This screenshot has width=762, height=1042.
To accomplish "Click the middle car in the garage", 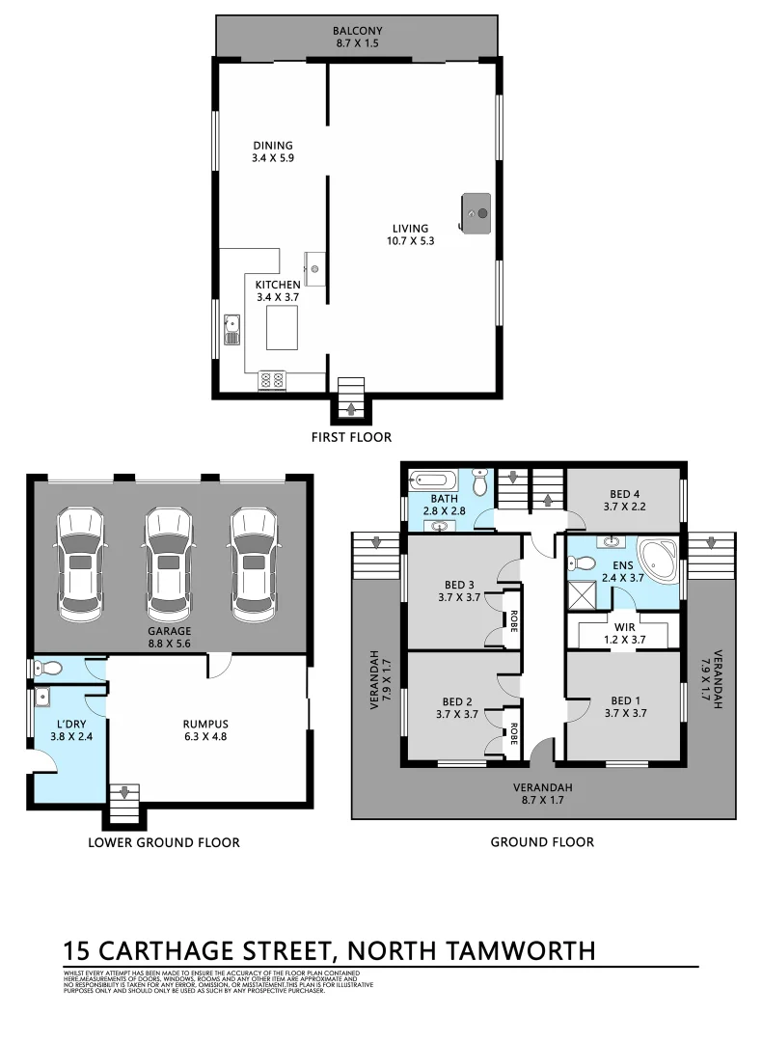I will click(166, 565).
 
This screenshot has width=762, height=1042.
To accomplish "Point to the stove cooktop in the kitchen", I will click(271, 381).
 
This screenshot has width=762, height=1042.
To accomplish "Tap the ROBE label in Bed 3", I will click(514, 617).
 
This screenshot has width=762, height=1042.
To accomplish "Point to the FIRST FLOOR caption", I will click(351, 437).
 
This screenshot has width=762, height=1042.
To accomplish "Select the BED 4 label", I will click(624, 492).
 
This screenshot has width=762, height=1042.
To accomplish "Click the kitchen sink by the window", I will click(231, 329).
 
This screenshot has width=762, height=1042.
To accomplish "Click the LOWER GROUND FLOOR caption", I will click(164, 842).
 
